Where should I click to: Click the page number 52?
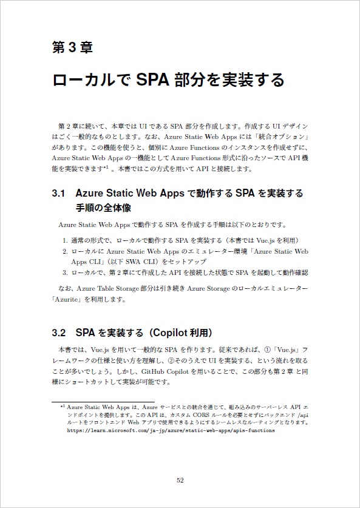coord(180,480)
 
